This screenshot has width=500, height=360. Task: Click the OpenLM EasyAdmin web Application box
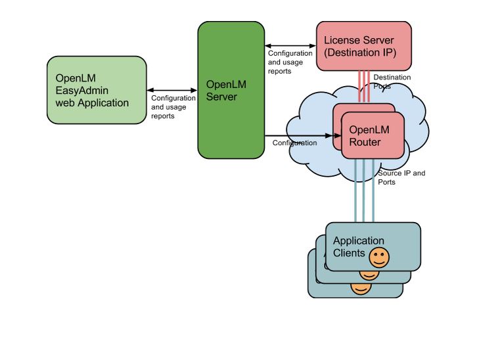pyautogui.click(x=96, y=90)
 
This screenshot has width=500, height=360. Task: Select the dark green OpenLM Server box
pyautogui.click(x=231, y=90)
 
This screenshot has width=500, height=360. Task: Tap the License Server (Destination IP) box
pyautogui.click(x=363, y=46)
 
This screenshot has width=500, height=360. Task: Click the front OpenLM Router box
pyautogui.click(x=373, y=135)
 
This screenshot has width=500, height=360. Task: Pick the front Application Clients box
pyautogui.click(x=373, y=246)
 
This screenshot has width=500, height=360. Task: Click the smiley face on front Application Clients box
pyautogui.click(x=378, y=258)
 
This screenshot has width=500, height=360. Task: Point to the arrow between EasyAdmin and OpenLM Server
pyautogui.click(x=172, y=91)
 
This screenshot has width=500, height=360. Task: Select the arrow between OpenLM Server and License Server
pyautogui.click(x=290, y=46)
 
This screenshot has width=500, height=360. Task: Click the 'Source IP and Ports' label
pyautogui.click(x=401, y=177)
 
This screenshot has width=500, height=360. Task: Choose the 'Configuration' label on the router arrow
pyautogui.click(x=294, y=143)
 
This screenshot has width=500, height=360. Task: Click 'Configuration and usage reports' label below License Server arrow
pyautogui.click(x=290, y=62)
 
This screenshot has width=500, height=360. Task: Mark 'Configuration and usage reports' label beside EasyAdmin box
pyautogui.click(x=173, y=107)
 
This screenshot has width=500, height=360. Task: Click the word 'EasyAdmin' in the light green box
pyautogui.click(x=82, y=90)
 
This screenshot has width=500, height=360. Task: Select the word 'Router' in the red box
pyautogui.click(x=365, y=142)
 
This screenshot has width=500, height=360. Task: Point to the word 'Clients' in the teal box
pyautogui.click(x=349, y=253)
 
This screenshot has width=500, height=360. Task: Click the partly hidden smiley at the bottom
pyautogui.click(x=360, y=288)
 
